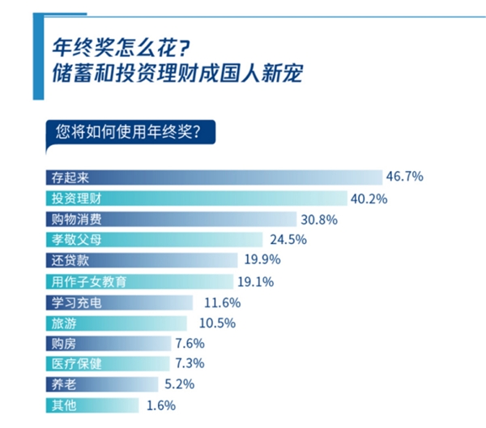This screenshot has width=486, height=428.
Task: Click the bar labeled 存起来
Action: [x=211, y=178]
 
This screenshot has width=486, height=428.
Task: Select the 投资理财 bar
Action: [x=194, y=199]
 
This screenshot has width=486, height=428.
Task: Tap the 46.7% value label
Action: [x=405, y=177]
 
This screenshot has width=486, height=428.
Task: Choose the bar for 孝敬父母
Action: [x=151, y=240]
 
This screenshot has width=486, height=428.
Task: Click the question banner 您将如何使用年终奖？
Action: [x=130, y=130]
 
